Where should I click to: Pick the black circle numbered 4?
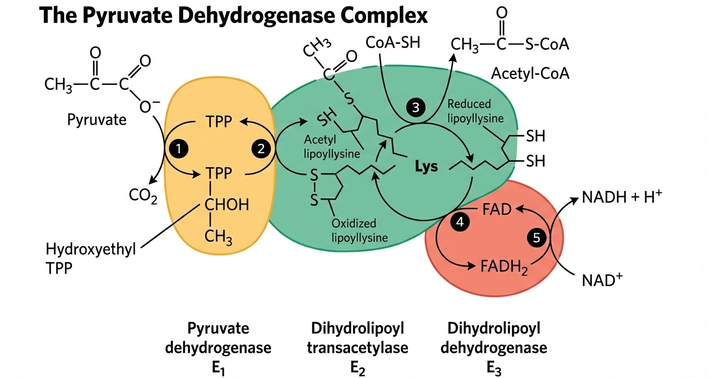[x=459, y=221]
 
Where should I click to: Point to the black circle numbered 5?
[x=536, y=238]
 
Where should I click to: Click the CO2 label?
[x=143, y=196]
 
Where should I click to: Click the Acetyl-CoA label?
[x=530, y=74]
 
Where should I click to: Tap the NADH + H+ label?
[x=621, y=198]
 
